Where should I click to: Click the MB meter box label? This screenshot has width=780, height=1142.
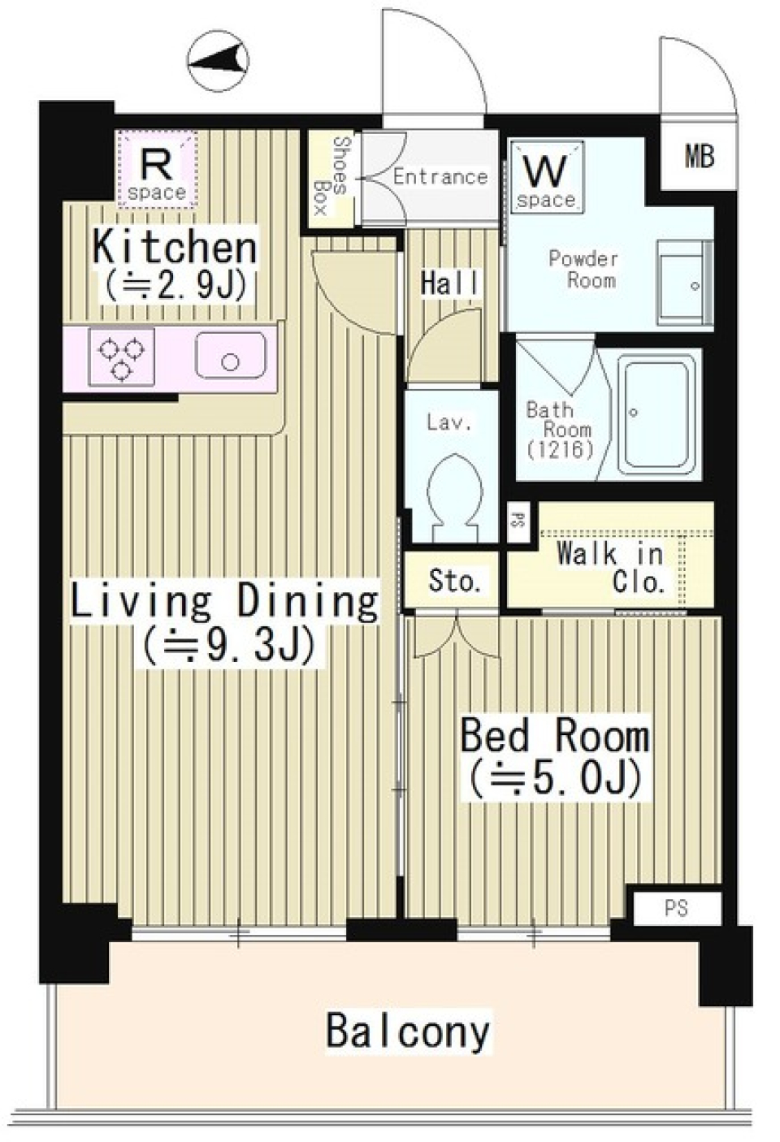pos(698,156)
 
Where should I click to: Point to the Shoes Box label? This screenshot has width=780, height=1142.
pos(331,175)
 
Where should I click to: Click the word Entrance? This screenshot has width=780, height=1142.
pos(440,176)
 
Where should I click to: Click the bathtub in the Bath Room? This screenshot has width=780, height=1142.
pos(657,415)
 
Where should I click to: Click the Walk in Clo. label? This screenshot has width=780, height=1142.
pos(611,568)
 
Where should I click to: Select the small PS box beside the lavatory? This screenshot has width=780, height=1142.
pos(515,521)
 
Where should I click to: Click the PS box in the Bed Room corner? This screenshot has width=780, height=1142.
pos(676,908)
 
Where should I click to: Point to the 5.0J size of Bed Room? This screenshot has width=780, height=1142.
pos(554,778)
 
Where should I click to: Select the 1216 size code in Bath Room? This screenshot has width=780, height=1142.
pos(560,449)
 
